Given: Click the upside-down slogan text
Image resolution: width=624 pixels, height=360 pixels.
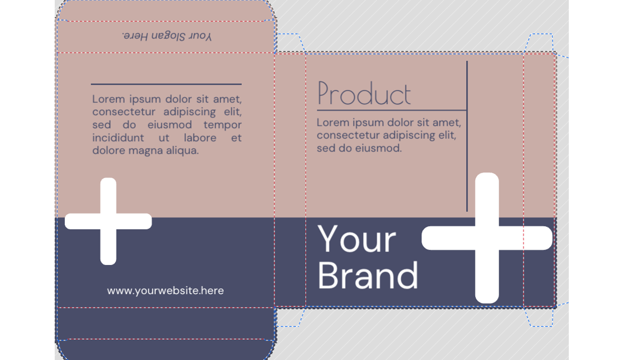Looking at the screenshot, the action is point(167,36).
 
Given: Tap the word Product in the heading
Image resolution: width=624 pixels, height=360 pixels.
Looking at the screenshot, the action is point(364,93).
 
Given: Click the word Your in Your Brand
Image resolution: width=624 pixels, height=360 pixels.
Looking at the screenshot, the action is point(357,239).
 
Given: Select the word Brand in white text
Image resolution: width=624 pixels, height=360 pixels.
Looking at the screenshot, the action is point(368,276).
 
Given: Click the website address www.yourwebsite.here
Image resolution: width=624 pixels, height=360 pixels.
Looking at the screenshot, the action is point(166,290).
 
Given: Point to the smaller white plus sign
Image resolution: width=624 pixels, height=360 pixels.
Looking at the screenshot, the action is point(108,221).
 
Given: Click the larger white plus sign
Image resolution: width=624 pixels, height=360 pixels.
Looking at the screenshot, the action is point(487,238).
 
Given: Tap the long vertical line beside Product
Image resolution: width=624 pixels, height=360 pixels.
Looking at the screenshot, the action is point(467,136).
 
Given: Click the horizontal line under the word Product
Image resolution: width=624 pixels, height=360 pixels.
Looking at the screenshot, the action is point(392,110).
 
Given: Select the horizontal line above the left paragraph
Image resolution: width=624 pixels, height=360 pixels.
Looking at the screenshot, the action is point(166,84).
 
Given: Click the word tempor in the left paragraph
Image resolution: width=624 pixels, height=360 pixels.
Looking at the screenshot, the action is point(222,125).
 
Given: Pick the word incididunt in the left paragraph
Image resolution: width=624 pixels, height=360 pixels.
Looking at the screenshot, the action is point(118,138).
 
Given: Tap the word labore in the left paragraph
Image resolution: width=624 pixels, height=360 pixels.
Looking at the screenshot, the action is point(200,138).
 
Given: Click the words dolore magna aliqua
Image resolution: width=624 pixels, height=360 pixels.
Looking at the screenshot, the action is point(145,150).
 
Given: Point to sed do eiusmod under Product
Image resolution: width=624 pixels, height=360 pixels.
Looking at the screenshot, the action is point(359,148).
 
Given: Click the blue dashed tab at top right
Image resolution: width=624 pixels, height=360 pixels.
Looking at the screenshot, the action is point(539,43).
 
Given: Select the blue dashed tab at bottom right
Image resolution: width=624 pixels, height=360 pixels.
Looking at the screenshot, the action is point(539,317).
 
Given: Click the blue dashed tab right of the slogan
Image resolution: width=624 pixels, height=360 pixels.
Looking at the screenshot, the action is point(290,43).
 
